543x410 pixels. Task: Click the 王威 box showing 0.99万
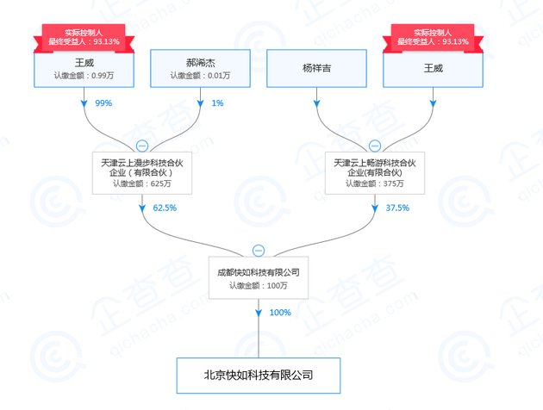84,68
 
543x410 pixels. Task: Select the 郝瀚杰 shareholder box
200,68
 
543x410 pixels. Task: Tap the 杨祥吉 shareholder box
315,68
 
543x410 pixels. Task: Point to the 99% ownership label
103,103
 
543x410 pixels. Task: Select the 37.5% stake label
397,208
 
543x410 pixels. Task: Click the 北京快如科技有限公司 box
258,376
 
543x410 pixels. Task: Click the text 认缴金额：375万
374,183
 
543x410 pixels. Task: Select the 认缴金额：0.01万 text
200,76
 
